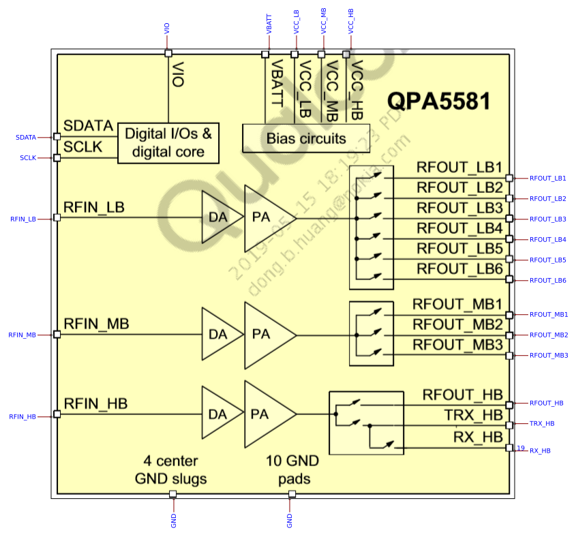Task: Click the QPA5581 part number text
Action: pyautogui.click(x=439, y=101)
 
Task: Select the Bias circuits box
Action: pyautogui.click(x=306, y=138)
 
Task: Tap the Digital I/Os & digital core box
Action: pyautogui.click(x=168, y=142)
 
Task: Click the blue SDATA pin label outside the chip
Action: pyautogui.click(x=26, y=137)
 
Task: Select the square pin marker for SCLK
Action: pyautogui.click(x=57, y=158)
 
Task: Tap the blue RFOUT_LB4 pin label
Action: pyautogui.click(x=547, y=239)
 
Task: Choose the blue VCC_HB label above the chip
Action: pyautogui.click(x=350, y=22)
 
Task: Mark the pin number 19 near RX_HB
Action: pyautogui.click(x=521, y=448)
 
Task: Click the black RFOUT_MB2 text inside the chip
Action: pyautogui.click(x=457, y=324)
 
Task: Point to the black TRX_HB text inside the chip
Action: pyautogui.click(x=473, y=415)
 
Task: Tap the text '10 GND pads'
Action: pyautogui.click(x=292, y=470)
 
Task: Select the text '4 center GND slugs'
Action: pyautogui.click(x=171, y=470)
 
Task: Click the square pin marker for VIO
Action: pyautogui.click(x=168, y=53)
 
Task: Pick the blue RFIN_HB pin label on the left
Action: pyautogui.click(x=22, y=416)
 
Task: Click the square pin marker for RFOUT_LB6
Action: pyautogui.click(x=509, y=279)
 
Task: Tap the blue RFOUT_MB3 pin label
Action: pyautogui.click(x=549, y=355)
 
